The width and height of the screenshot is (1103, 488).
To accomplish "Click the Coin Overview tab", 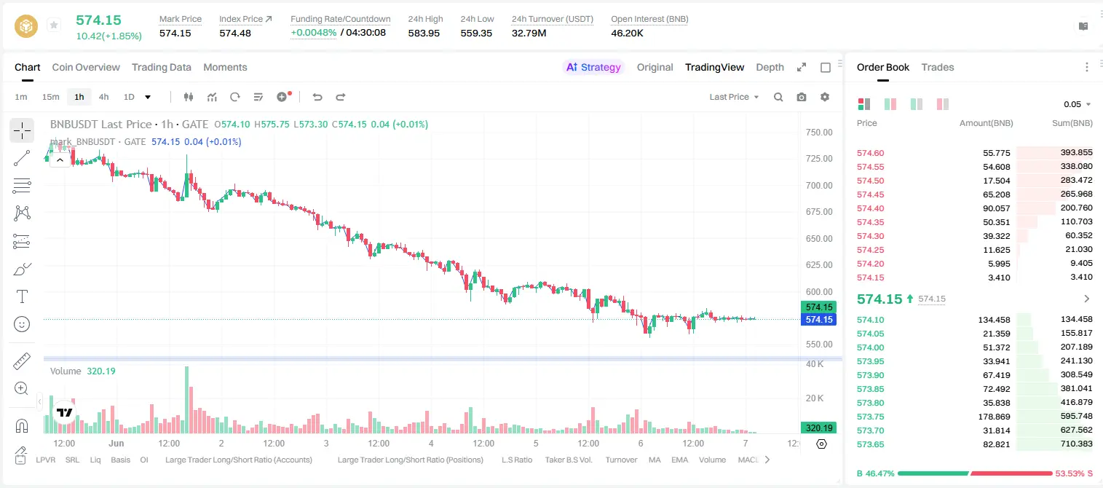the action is [x=86, y=67].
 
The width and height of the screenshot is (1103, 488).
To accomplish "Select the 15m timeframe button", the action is [x=51, y=97].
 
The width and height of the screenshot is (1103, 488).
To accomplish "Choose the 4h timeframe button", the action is [x=103, y=97].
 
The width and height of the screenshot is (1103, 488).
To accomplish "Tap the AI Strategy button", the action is [x=593, y=67].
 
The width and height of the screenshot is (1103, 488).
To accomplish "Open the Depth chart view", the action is [x=770, y=67].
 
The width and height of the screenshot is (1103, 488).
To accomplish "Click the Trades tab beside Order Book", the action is [x=938, y=67].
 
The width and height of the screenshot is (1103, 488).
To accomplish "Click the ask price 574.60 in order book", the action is [x=870, y=153].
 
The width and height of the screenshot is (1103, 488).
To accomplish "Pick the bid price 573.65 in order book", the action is [x=870, y=444].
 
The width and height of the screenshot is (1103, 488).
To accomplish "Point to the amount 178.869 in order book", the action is [x=994, y=417].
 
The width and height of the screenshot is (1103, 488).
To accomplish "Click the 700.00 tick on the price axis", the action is [x=819, y=186].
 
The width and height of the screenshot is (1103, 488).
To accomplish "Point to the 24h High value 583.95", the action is [x=424, y=33].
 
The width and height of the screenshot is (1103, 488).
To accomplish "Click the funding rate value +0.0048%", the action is [x=314, y=33].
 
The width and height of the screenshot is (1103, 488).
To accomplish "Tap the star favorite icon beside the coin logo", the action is [x=54, y=25].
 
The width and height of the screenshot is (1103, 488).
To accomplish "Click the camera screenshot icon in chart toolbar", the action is [x=802, y=97].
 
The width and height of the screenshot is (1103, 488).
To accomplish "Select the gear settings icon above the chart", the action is [x=825, y=97].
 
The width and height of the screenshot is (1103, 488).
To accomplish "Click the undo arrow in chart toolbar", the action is [x=317, y=97].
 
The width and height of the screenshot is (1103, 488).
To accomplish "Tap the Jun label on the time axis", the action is [x=116, y=443].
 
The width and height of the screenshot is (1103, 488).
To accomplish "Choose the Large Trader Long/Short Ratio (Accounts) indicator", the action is [x=239, y=460].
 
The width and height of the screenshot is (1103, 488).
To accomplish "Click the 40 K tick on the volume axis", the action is [x=815, y=364].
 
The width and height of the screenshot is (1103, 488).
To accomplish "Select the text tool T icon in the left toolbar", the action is [x=22, y=296].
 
